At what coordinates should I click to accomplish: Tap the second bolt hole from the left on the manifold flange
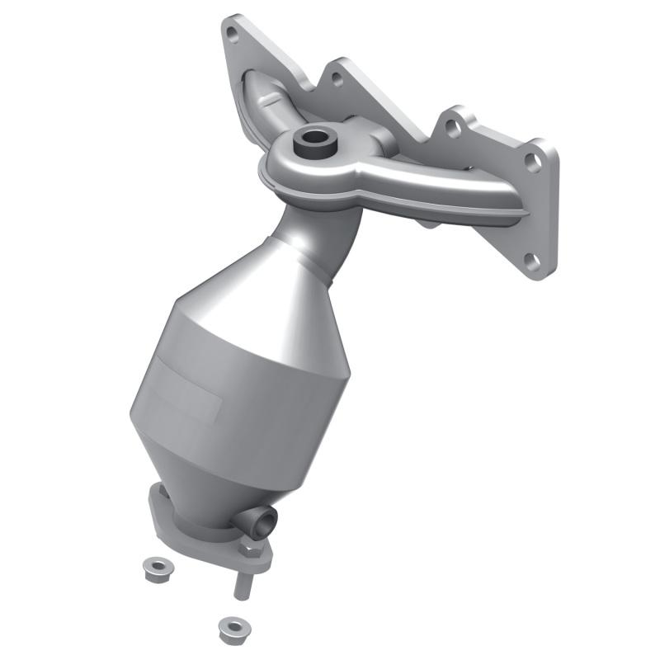click(336, 80)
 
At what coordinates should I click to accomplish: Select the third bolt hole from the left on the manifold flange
click(450, 127)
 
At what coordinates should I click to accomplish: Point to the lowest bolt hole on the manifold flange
click(532, 263)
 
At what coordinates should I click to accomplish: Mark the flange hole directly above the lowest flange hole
click(534, 162)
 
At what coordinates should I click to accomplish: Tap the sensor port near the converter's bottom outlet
click(264, 521)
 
